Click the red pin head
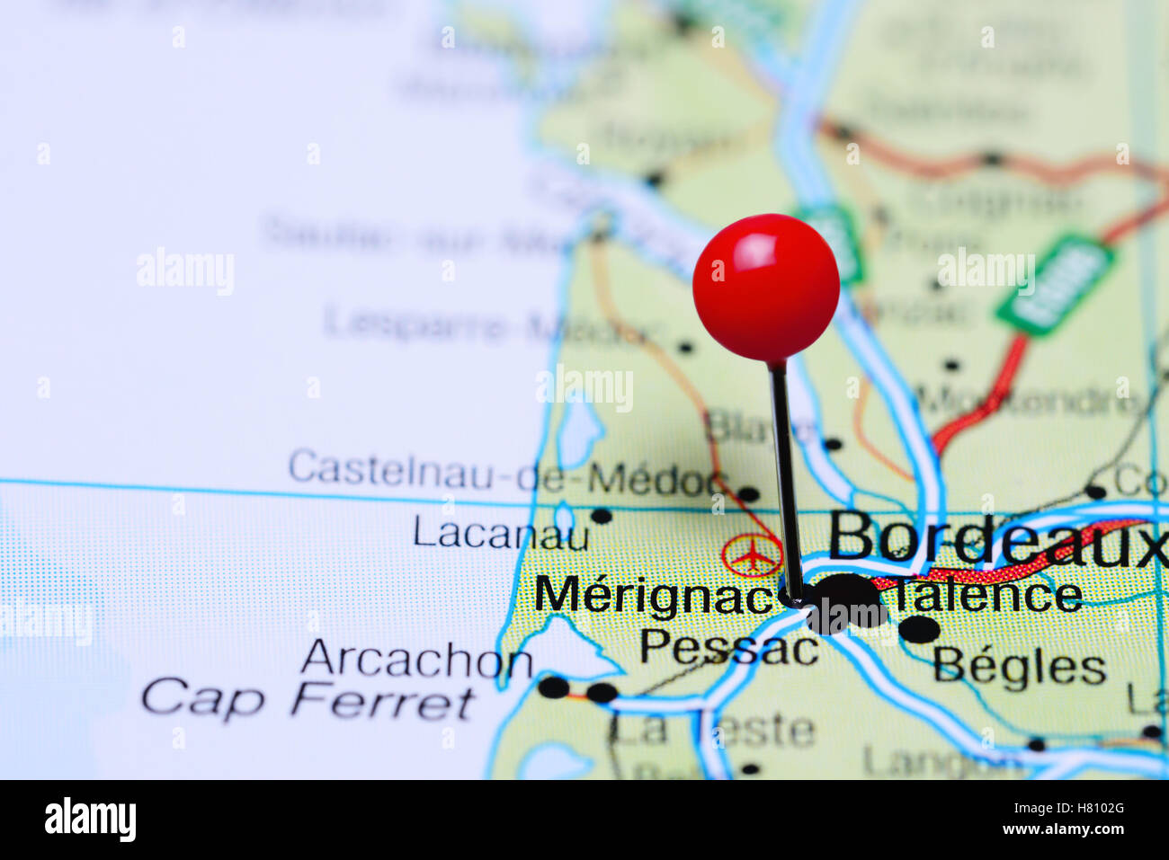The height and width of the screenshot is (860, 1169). (766, 287)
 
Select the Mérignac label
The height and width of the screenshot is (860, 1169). (656, 595)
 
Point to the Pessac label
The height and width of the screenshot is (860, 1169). (728, 646)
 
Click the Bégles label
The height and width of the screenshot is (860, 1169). (1019, 667)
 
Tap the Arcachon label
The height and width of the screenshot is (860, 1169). (416, 661)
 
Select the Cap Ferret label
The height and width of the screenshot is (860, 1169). (308, 701)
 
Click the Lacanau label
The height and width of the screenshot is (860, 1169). (501, 534)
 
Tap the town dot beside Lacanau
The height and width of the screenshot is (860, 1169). (602, 516)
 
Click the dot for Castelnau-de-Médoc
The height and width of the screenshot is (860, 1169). (748, 492)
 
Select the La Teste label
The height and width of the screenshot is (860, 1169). (714, 730)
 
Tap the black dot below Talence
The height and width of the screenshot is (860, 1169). (919, 630)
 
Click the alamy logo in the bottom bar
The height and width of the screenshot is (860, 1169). (90, 820)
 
